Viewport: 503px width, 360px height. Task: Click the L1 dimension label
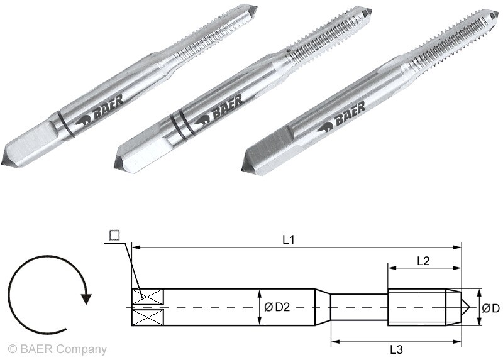click(289, 239)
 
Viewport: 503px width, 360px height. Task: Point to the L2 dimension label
click(423, 261)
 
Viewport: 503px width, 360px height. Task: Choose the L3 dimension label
click(396, 349)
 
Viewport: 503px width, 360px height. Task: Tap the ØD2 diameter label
click(277, 307)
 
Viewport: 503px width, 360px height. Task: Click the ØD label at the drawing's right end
click(490, 308)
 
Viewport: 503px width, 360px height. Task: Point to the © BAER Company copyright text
click(57, 349)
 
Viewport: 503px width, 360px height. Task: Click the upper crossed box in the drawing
click(148, 296)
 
